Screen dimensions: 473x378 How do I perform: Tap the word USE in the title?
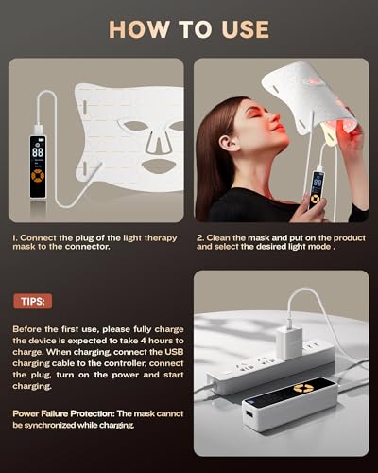coord(243,29)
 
